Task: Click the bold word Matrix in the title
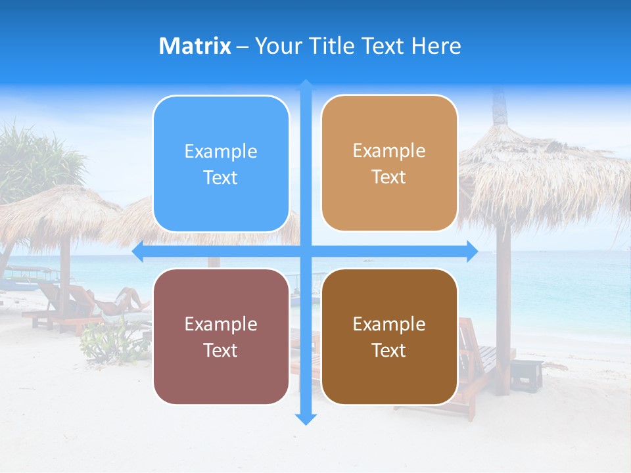click(195, 46)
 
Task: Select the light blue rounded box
click(221, 164)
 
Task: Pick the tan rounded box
click(389, 164)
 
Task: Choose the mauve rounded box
click(221, 336)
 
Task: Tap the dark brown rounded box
click(389, 336)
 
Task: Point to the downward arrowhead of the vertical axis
click(306, 418)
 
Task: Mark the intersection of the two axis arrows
click(306, 252)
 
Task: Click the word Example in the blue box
click(221, 151)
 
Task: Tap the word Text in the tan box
click(389, 177)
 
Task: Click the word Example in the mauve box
click(221, 324)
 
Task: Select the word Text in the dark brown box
click(389, 350)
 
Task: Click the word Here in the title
click(436, 46)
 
